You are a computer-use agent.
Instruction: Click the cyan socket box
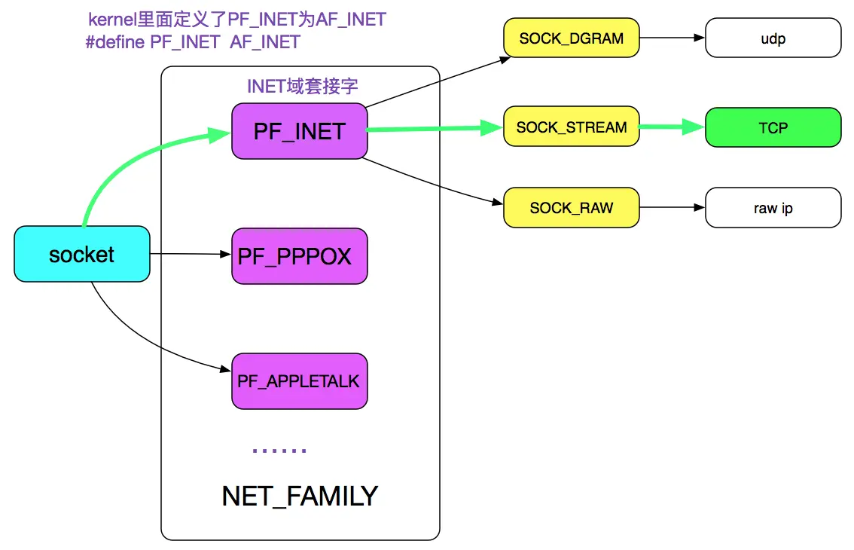tap(81, 255)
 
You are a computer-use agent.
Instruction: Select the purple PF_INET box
tap(299, 131)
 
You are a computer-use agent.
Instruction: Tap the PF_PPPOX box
tap(299, 256)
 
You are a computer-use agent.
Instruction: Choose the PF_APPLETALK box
tap(299, 381)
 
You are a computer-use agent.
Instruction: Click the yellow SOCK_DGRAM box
tap(571, 38)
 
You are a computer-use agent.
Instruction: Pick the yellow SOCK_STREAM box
tap(571, 127)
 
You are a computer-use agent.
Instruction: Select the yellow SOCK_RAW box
tap(571, 207)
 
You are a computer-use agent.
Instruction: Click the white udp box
tap(773, 38)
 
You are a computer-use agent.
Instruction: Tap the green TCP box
tap(773, 127)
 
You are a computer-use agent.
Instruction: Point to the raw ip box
tap(773, 208)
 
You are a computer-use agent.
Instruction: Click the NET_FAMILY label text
tap(300, 496)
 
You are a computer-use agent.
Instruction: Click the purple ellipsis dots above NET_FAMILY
tap(279, 450)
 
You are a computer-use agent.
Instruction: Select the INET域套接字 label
tap(302, 86)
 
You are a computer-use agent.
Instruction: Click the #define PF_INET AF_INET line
tap(193, 42)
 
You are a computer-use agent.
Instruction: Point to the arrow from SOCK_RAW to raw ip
tap(672, 206)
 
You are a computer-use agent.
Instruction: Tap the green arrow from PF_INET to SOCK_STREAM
tap(434, 130)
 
